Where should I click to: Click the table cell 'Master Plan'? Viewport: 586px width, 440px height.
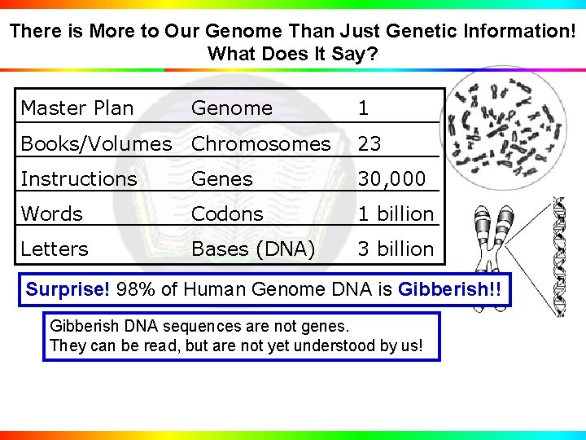77,108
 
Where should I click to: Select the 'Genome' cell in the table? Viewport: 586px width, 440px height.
232,108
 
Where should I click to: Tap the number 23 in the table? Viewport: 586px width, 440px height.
370,143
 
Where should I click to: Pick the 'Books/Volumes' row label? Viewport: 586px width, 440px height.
96,143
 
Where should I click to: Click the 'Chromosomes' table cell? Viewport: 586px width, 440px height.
260,143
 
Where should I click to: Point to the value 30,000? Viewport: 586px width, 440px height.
391,178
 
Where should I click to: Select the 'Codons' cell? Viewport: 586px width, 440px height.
227,213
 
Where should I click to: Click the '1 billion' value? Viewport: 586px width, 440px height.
396,213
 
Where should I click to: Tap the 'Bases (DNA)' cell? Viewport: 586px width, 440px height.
252,249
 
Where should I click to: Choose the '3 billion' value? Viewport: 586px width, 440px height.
396,249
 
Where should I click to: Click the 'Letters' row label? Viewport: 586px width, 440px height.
55,249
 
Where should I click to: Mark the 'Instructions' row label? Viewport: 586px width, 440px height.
79,178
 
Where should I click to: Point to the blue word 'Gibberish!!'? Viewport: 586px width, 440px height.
450,289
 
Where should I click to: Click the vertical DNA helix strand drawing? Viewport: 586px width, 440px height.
558,257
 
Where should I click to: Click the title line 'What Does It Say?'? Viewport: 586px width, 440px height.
292,54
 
